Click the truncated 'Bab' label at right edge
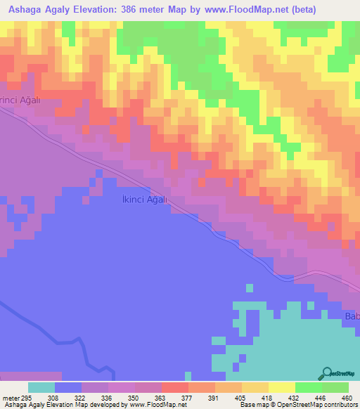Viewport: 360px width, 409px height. (351, 316)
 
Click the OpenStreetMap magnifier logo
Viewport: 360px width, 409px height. (327, 372)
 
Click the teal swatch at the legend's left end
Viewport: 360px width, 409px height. (41, 387)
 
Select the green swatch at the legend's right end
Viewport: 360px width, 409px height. (335, 387)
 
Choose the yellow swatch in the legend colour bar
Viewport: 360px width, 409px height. (281, 387)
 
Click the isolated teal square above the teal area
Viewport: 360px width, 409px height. (249, 287)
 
